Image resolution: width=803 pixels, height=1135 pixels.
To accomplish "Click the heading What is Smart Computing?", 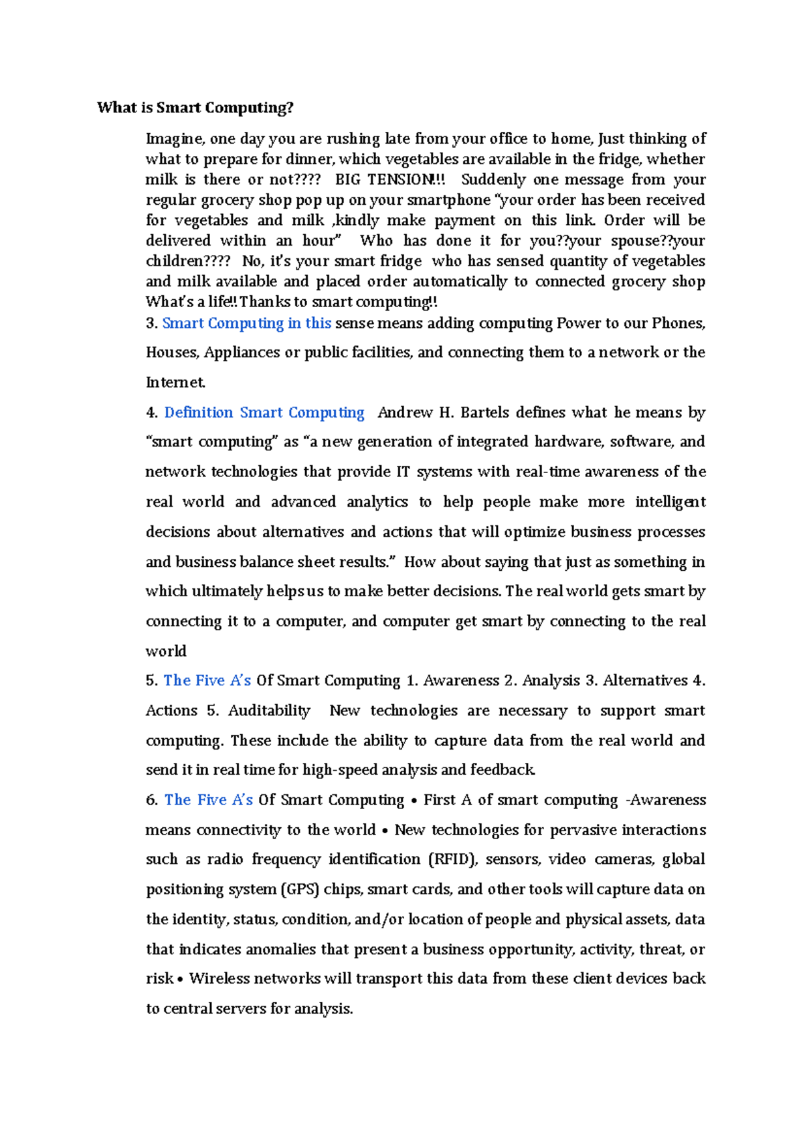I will click(x=195, y=108).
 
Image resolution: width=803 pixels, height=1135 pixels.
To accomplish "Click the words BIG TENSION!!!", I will click(x=389, y=179).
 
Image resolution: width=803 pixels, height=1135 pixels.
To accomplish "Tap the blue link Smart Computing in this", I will click(x=247, y=323).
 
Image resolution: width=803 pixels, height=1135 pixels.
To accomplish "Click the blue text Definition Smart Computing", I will click(x=264, y=412).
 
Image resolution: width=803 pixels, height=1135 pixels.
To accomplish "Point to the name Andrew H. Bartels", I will click(x=444, y=412).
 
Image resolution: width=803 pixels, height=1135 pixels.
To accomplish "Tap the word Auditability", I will click(x=269, y=711).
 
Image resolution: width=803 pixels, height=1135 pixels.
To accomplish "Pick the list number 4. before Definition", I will click(x=152, y=412).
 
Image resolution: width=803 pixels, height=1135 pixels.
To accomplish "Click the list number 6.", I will click(x=152, y=800).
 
